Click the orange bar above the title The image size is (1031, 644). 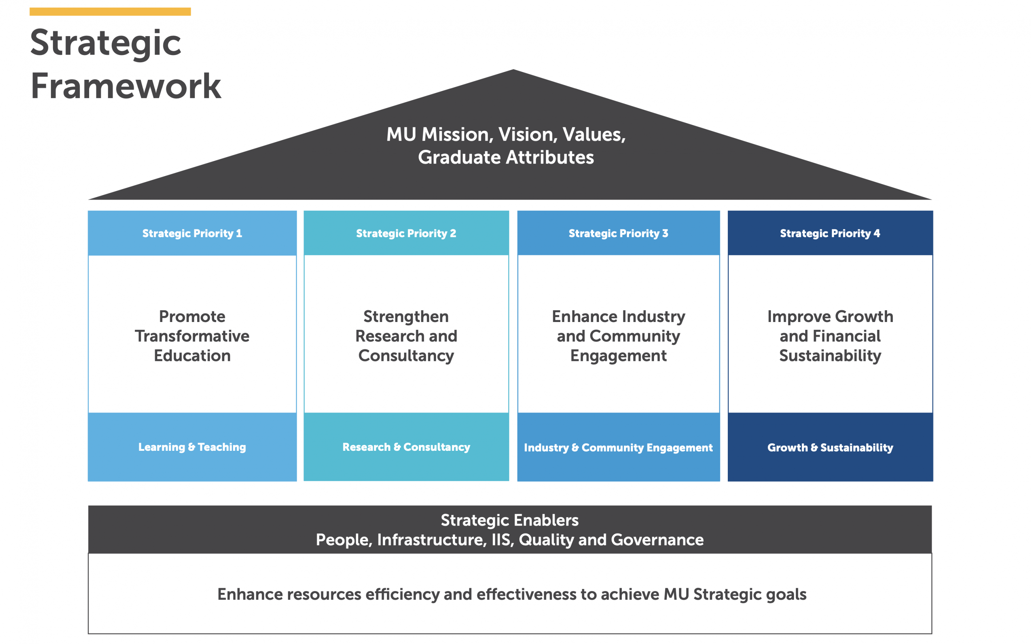pos(110,11)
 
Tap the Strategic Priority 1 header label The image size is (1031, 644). pos(192,233)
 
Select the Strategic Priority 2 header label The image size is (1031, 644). pos(406,233)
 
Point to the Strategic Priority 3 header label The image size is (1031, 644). pos(619,233)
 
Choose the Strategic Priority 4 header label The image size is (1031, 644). pos(830,233)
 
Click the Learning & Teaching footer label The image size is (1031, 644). pos(192,447)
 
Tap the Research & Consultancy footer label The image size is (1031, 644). pos(406,447)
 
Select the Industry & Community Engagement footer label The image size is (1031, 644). pos(618,448)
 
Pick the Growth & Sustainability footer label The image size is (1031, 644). pos(830,448)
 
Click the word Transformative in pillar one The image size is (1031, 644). pos(192,336)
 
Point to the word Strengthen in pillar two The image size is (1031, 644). pos(406,317)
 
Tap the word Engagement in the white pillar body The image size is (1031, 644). pos(619,356)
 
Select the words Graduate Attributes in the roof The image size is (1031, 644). pos(506,157)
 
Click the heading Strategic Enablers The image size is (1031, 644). pos(509,521)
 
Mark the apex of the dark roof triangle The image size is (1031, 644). pos(513,69)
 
